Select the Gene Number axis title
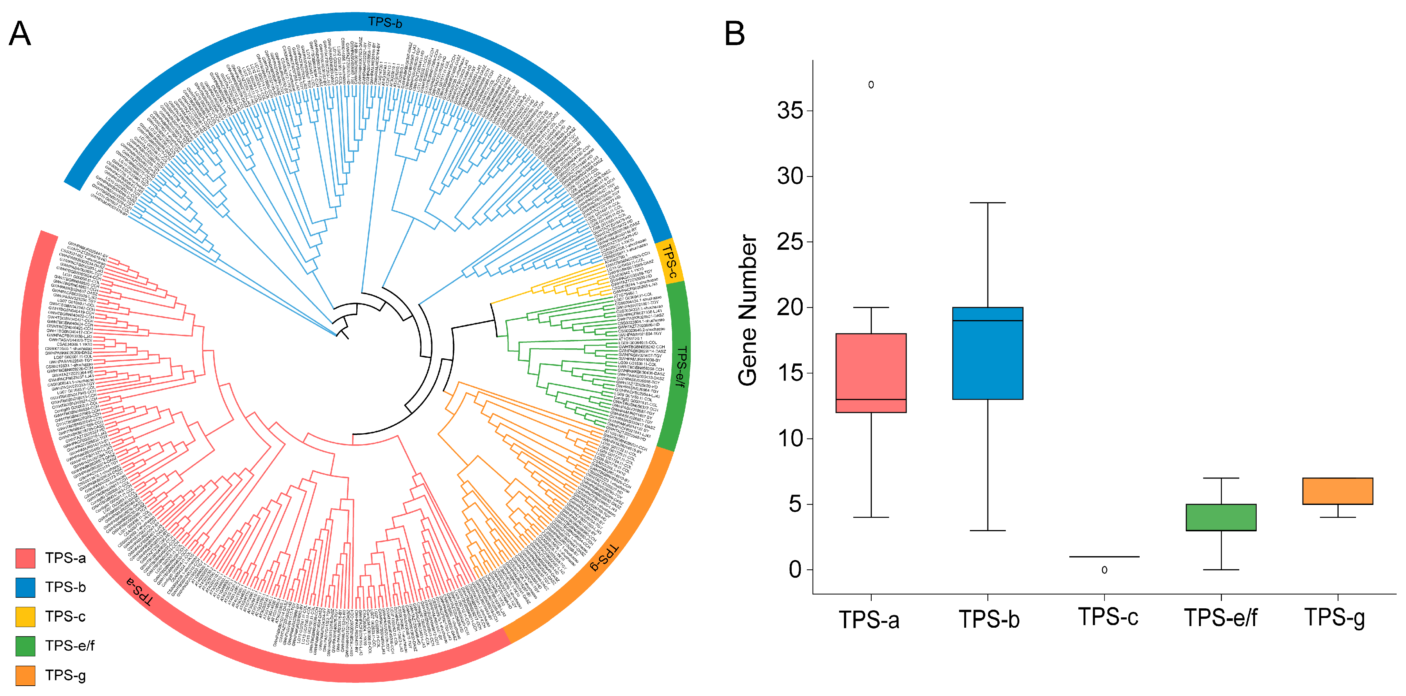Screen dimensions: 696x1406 (748, 310)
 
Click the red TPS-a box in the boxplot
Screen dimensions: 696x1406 (871, 373)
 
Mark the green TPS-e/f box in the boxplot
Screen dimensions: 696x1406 (1221, 517)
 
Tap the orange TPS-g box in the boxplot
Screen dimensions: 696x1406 (1337, 491)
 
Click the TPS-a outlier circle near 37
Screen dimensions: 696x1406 (871, 84)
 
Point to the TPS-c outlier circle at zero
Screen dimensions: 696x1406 (1104, 570)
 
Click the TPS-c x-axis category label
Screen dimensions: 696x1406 (1108, 617)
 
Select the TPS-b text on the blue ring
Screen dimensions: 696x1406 (385, 22)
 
